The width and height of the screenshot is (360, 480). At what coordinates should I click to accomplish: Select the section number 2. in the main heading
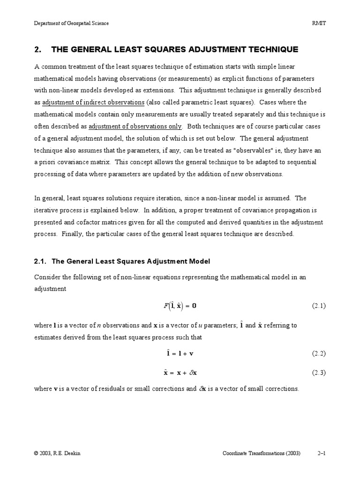click(x=38, y=50)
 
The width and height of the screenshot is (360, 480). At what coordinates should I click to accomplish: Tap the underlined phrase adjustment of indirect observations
click(x=93, y=102)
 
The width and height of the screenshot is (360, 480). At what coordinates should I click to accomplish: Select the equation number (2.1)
click(x=319, y=306)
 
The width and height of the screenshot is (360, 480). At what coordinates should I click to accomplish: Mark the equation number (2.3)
click(x=319, y=373)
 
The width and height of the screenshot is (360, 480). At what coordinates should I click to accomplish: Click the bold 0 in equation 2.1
click(x=194, y=306)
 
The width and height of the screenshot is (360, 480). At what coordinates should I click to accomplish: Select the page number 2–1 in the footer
click(x=322, y=454)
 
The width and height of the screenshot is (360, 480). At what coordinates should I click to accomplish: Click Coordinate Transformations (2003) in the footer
click(x=261, y=454)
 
